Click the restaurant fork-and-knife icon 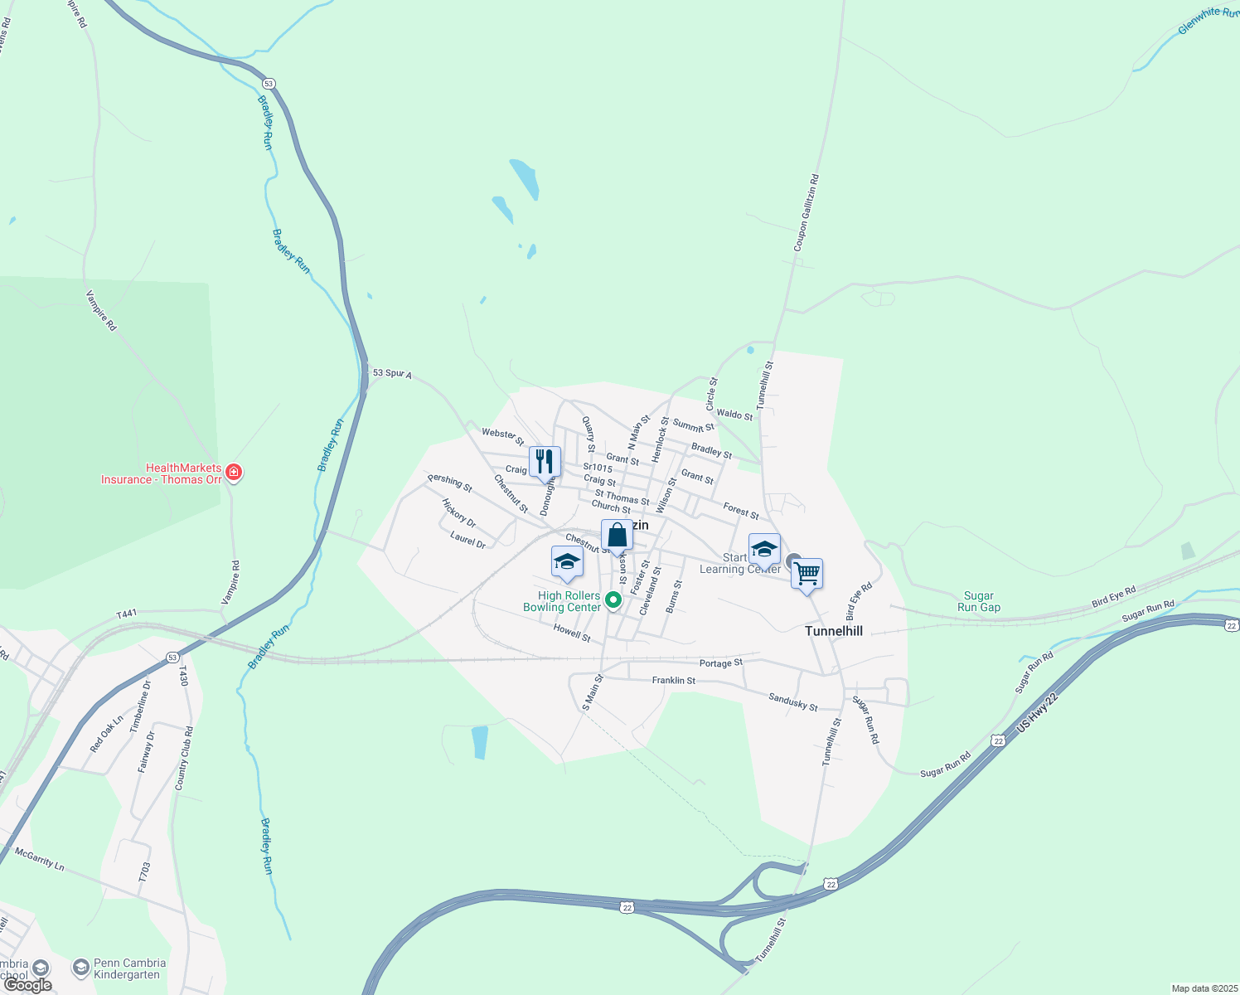(x=545, y=461)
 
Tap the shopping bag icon (x=617, y=535)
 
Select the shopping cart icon (x=806, y=573)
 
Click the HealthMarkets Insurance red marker (x=234, y=473)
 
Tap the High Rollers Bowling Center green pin (x=613, y=599)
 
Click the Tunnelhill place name (x=834, y=631)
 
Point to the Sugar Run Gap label (x=979, y=601)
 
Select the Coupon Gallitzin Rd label (x=806, y=212)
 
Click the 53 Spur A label (x=392, y=374)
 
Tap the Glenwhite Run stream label (x=1209, y=22)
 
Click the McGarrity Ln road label (x=39, y=857)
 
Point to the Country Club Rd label (x=184, y=759)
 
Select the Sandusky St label (x=792, y=702)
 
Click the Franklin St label (x=673, y=681)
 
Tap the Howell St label (x=572, y=633)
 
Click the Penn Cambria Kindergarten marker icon (x=80, y=968)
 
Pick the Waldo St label (x=734, y=414)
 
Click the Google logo (x=28, y=985)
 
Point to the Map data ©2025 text (x=1204, y=988)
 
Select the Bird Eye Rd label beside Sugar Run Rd (x=1113, y=596)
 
